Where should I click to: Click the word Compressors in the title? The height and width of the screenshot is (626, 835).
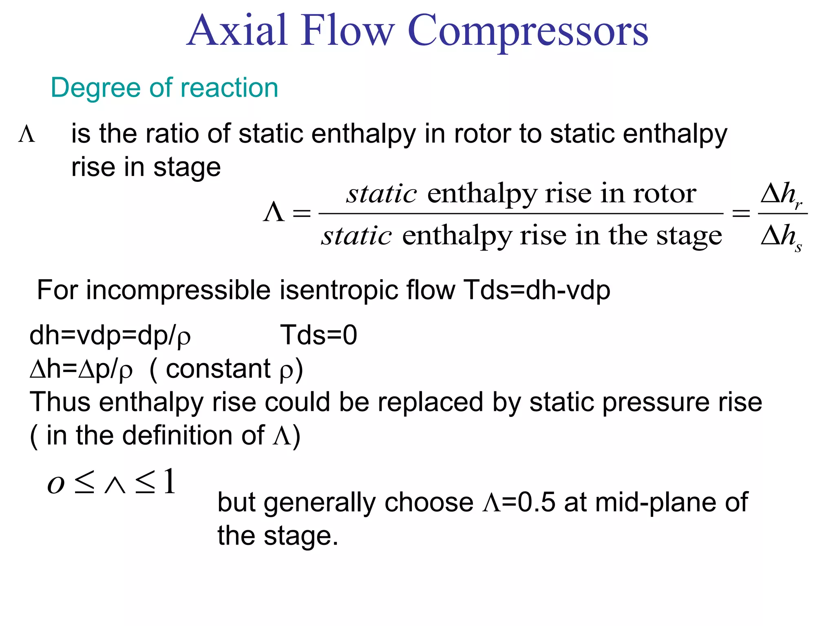click(528, 32)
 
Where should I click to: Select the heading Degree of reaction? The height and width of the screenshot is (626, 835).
click(164, 88)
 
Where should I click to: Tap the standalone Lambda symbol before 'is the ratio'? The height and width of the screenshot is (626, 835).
click(27, 134)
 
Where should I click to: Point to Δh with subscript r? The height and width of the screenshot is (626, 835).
click(781, 194)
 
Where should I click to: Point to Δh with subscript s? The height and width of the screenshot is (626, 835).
click(781, 237)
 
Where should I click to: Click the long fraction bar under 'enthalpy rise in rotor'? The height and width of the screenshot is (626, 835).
click(521, 213)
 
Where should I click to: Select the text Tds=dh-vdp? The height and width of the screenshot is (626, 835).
click(537, 291)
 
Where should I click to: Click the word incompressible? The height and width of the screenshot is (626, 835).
click(179, 291)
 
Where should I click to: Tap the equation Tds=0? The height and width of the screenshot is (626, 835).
click(318, 335)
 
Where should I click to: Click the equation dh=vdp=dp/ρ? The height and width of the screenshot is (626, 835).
click(110, 336)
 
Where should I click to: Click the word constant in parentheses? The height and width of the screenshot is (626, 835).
click(218, 369)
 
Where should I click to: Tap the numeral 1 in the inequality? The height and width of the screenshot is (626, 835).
click(170, 482)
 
